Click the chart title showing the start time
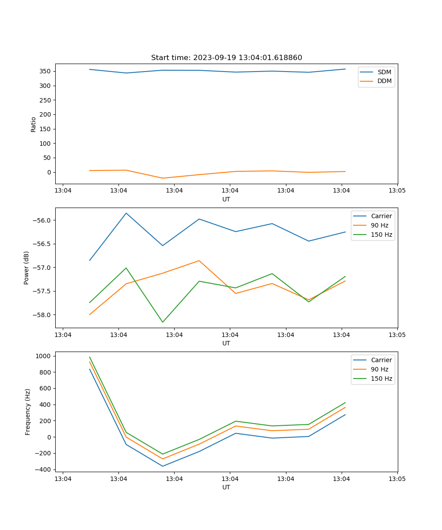point(226,58)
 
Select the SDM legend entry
point(384,72)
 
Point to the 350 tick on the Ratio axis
point(46,71)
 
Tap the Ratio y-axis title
point(34,124)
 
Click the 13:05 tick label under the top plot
point(397,191)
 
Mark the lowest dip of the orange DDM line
point(163,178)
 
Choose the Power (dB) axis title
point(27,268)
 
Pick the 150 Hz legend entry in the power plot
point(381,235)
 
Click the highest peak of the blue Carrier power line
point(126,213)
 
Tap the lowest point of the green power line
point(163,322)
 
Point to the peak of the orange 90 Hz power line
point(199,261)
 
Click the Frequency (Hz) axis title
point(27,412)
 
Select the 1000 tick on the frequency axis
point(44,356)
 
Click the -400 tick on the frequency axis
point(44,469)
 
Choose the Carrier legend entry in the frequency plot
point(381,360)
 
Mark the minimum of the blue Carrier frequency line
point(163,466)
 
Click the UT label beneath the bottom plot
point(226,487)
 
